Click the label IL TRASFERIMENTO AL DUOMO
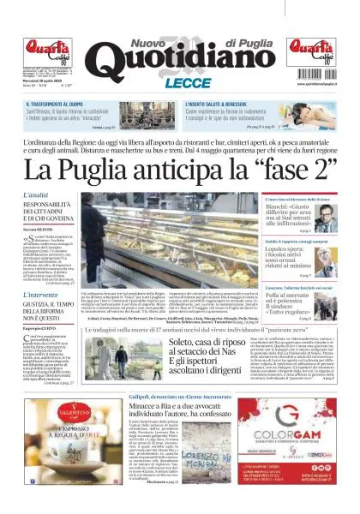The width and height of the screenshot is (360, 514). click(x=55, y=103)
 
